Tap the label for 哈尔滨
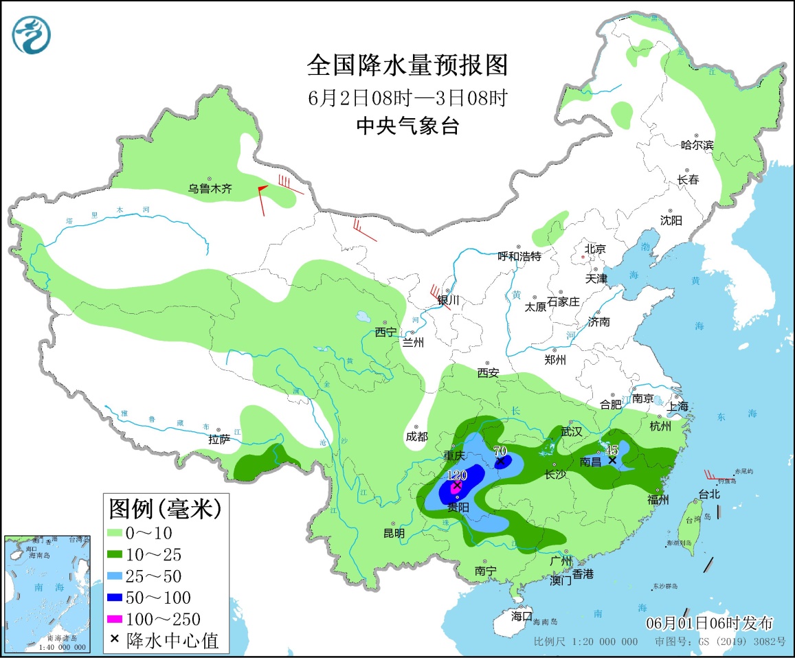point(697,145)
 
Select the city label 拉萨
point(220,440)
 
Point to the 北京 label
point(595,249)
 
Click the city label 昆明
point(394,533)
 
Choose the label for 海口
point(522,615)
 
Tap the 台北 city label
point(709,493)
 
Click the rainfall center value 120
point(457,475)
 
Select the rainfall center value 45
point(612,450)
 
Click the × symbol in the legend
point(115,641)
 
